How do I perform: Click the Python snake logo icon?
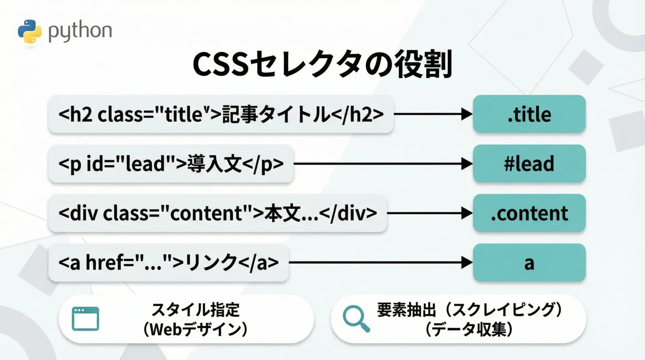30,31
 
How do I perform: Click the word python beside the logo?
80,32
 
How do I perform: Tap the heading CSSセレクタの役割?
322,64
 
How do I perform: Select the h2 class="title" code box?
221,114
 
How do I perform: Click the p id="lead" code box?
171,164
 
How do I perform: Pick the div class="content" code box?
218,213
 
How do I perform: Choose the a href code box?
169,262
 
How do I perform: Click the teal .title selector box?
529,114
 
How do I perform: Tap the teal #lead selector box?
529,164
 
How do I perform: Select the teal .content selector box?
529,213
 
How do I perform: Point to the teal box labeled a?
529,262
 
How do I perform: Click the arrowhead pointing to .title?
467,114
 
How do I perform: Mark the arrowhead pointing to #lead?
467,164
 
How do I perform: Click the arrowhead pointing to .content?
467,213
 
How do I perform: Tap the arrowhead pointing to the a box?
467,263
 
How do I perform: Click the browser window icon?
86,319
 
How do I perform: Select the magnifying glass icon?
356,319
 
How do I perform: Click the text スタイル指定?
196,310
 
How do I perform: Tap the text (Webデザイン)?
196,329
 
